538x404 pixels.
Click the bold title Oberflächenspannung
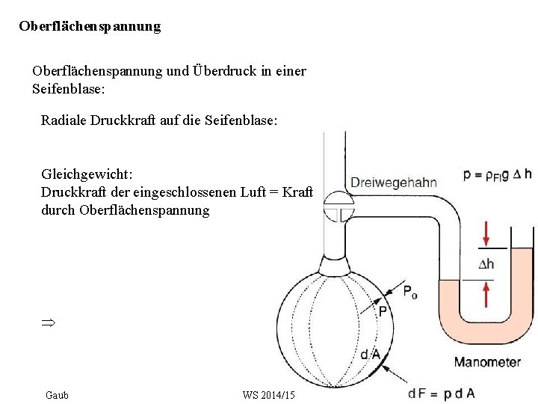coord(90,26)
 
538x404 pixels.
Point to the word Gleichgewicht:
coord(87,174)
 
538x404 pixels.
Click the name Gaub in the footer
coord(57,394)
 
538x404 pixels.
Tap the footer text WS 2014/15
coord(269,394)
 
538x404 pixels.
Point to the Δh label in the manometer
coord(486,264)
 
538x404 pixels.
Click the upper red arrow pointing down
coord(486,233)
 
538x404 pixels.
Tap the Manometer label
coord(487,362)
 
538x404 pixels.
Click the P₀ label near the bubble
coord(409,293)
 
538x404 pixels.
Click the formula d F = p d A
coord(442,393)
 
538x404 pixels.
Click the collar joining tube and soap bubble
coord(335,263)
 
